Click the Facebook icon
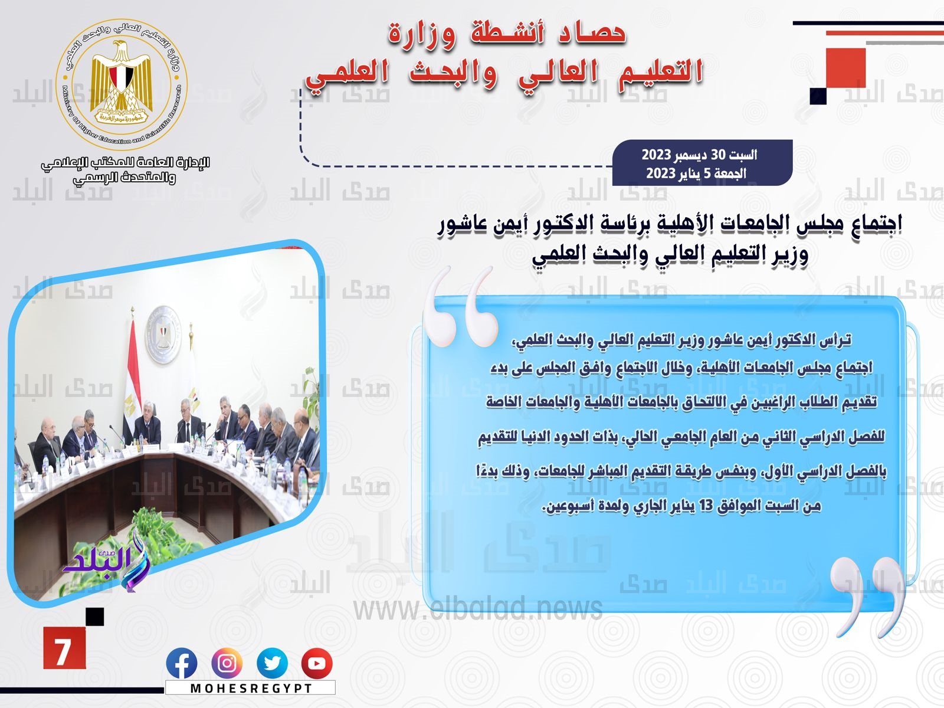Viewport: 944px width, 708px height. click(x=182, y=663)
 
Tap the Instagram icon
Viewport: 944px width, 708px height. click(x=227, y=663)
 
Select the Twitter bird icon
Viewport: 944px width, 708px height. click(x=272, y=663)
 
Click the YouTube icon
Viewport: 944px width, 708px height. click(x=317, y=663)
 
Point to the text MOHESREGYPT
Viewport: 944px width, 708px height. click(x=251, y=688)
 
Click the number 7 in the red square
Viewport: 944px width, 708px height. click(x=63, y=652)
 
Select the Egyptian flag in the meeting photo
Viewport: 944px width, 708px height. click(x=132, y=378)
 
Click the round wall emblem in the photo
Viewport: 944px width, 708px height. click(x=163, y=335)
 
